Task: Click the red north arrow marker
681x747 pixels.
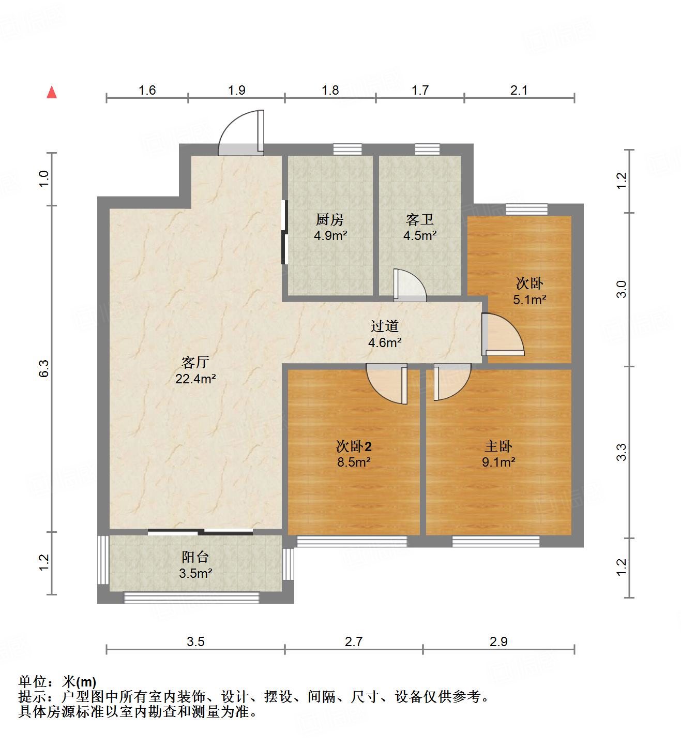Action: (52, 92)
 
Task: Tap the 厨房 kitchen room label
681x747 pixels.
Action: (329, 220)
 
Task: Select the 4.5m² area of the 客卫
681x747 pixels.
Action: (420, 236)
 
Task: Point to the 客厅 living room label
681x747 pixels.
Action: (195, 362)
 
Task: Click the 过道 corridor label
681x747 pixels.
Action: (385, 326)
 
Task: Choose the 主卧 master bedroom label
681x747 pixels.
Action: (498, 446)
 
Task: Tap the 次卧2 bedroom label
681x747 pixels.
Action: (354, 446)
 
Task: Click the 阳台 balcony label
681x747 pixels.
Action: (195, 557)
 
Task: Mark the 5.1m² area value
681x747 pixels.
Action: (529, 300)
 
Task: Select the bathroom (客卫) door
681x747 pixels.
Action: (409, 286)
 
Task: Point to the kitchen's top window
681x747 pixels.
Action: (347, 149)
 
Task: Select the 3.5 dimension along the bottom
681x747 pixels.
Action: (195, 642)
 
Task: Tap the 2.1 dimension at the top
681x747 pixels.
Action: (519, 91)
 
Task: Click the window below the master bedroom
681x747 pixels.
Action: (495, 542)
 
